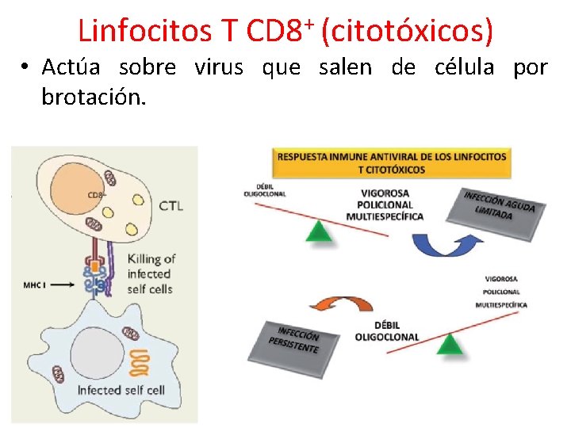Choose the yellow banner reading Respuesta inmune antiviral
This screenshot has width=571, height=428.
click(x=391, y=162)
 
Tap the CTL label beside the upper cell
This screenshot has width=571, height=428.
click(x=171, y=206)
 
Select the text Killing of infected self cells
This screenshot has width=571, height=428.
click(x=151, y=273)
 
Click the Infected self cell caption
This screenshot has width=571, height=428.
click(x=121, y=390)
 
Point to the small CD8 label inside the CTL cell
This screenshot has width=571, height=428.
click(x=96, y=195)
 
